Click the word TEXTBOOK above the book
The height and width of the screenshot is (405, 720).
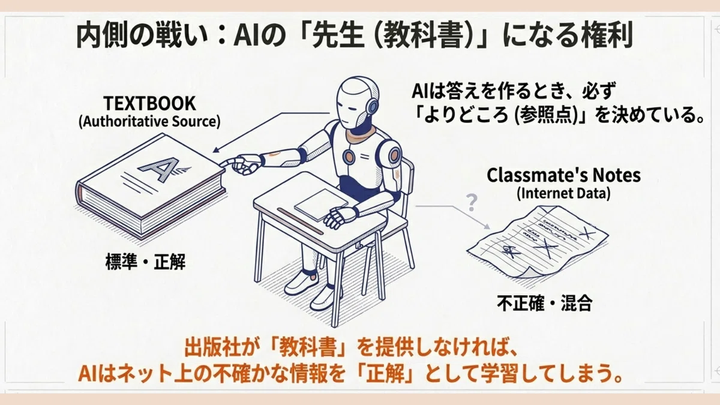point(149,103)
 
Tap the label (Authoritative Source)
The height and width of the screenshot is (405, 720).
point(149,121)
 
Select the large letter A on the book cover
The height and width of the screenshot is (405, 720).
point(160,169)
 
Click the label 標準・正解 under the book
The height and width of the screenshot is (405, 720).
point(145,262)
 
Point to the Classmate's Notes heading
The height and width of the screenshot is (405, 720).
point(563,175)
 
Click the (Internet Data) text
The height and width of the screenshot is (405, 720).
point(563,193)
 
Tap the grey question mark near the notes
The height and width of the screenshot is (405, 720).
point(471,203)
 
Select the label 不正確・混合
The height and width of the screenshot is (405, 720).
point(545,303)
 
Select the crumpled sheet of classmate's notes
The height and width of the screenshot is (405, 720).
point(538,242)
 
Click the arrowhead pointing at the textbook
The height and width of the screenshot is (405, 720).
point(216,150)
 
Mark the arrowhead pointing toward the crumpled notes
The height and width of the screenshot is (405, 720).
point(487,226)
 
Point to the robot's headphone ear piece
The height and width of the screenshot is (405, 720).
point(372,106)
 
